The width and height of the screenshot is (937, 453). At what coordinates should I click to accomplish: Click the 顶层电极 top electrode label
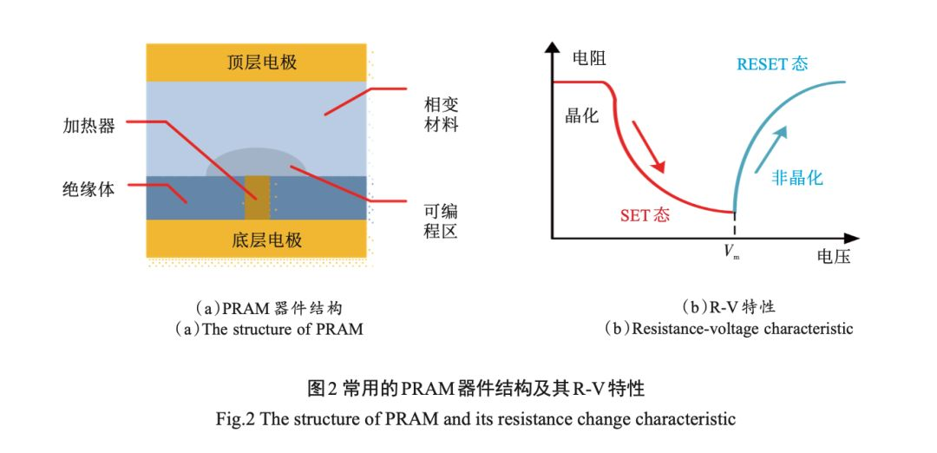pyautogui.click(x=256, y=62)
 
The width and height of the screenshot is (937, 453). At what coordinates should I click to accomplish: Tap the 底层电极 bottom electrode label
pyautogui.click(x=256, y=240)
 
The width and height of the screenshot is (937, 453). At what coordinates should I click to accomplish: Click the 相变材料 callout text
pyautogui.click(x=440, y=115)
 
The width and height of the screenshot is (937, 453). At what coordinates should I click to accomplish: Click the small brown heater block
pyautogui.click(x=257, y=198)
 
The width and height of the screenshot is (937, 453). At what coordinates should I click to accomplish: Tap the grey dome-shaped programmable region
pyautogui.click(x=256, y=163)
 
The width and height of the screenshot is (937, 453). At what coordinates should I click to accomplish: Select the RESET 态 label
pyautogui.click(x=772, y=64)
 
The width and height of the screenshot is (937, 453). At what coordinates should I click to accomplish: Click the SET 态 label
pyautogui.click(x=645, y=215)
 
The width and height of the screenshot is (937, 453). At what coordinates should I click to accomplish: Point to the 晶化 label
pyautogui.click(x=582, y=115)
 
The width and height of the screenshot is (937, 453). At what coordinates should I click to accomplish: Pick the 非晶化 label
pyautogui.click(x=796, y=178)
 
